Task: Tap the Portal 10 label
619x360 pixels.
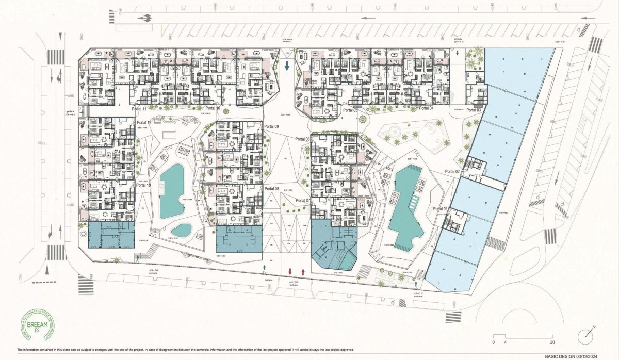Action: coord(213,109)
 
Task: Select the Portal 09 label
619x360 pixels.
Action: coord(271,126)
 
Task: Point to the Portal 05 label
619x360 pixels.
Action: coord(349,110)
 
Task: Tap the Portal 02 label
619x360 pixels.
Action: coord(452,171)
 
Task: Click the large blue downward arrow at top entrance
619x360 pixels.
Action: coord(287,66)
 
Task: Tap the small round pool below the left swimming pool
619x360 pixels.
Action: coord(181,230)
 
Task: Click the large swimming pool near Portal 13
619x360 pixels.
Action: coord(171,191)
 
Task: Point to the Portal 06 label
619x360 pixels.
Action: coord(303,139)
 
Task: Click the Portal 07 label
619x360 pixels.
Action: coord(304,200)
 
